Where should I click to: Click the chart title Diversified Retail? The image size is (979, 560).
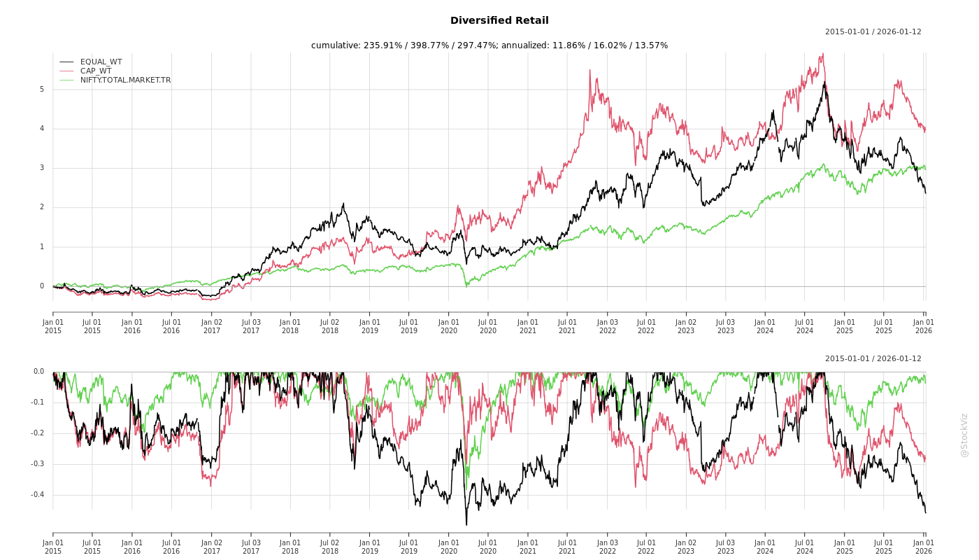[499, 21]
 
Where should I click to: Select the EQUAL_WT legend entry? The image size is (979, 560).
[101, 62]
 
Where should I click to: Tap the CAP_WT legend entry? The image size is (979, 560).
[96, 71]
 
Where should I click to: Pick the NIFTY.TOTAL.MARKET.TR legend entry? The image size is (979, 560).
[125, 80]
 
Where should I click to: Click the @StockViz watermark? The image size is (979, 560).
[964, 435]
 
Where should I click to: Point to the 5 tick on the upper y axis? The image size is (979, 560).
[41, 89]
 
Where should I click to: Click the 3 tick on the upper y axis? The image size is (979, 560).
[41, 168]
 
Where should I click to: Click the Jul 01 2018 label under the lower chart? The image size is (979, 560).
[330, 547]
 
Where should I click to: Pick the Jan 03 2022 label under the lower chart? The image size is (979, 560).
[607, 547]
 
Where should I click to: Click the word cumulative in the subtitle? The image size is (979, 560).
[335, 45]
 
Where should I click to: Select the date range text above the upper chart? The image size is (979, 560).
[873, 31]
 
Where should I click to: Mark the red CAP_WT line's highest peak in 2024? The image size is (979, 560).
[823, 53]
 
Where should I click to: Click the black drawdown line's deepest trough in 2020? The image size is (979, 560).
[466, 524]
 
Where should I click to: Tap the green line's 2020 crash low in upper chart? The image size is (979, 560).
[466, 286]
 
